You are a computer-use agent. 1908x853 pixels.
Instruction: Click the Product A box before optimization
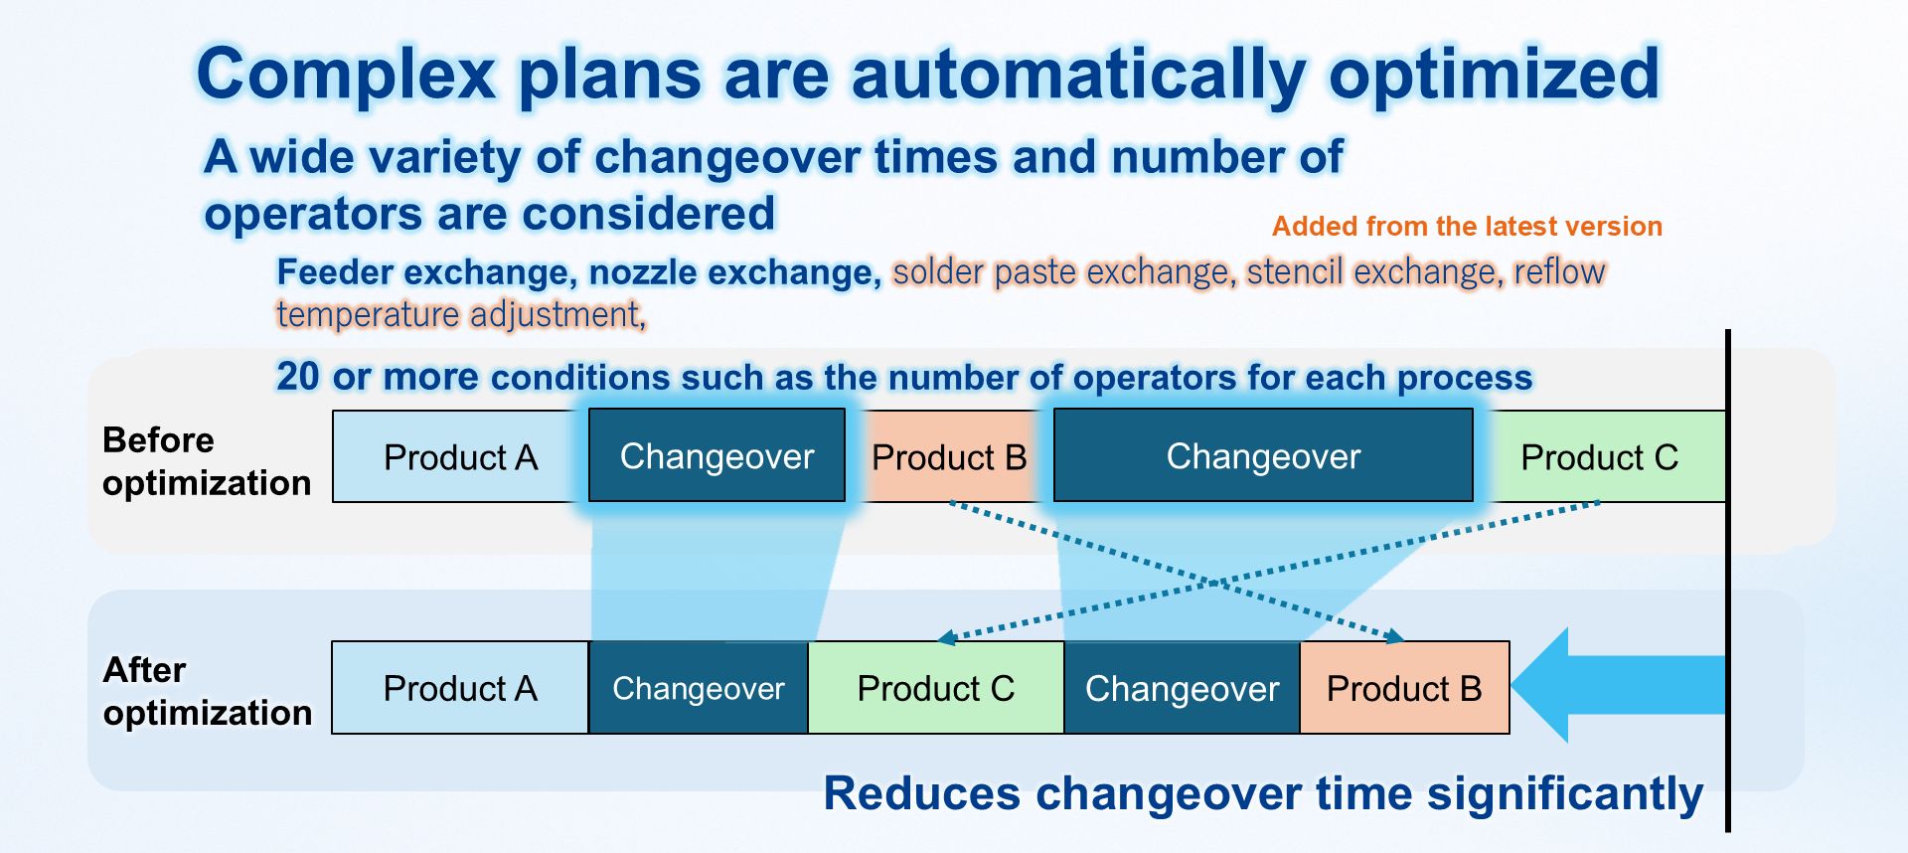pos(460,456)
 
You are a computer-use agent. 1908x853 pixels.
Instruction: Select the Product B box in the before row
pos(949,456)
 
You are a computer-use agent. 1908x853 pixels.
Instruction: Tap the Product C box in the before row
pos(1600,456)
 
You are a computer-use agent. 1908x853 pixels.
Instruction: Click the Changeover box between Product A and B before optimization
pos(716,455)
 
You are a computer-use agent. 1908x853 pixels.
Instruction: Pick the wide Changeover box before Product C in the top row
pos(1263,455)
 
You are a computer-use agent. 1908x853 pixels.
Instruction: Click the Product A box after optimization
pos(460,688)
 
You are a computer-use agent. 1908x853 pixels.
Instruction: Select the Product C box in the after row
pos(936,688)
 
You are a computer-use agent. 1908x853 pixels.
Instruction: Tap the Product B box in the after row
pos(1404,688)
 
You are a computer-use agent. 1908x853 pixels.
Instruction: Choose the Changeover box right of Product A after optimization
pos(699,688)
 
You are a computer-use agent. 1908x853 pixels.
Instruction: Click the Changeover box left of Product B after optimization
pos(1183,688)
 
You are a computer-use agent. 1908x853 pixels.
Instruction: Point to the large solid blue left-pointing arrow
pos(1619,685)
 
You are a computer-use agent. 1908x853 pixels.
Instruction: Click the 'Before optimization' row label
pos(207,461)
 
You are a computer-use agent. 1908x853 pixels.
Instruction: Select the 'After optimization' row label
pos(207,691)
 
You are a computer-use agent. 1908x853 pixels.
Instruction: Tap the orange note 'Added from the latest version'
pos(1467,227)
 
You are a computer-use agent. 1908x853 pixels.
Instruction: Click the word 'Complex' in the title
pos(346,75)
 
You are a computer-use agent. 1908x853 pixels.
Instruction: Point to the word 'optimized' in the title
pos(1495,75)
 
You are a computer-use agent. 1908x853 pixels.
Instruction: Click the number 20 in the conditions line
pos(297,377)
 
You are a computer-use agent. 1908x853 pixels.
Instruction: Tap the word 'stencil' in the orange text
pos(1294,271)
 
